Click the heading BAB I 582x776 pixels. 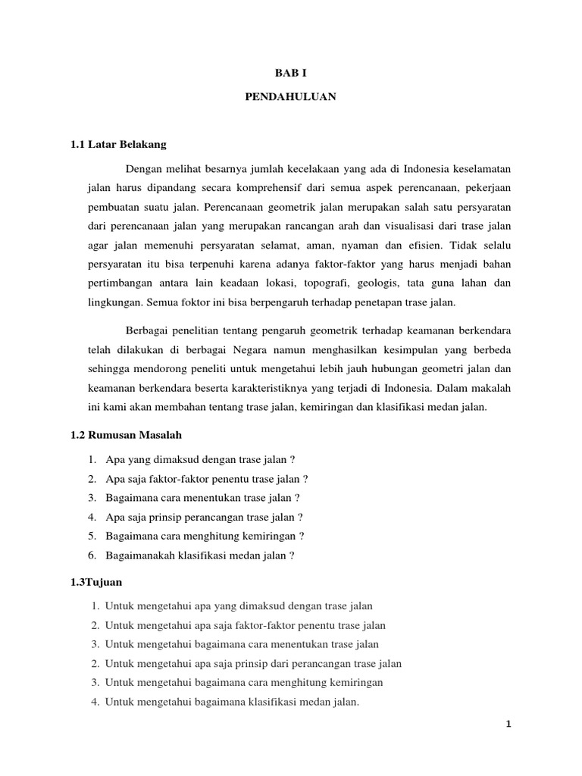pyautogui.click(x=291, y=74)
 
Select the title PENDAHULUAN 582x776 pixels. pyautogui.click(x=291, y=98)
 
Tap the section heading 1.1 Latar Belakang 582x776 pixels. pyautogui.click(x=117, y=143)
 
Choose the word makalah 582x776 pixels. pyautogui.click(x=494, y=388)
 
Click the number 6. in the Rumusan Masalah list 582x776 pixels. pyautogui.click(x=92, y=555)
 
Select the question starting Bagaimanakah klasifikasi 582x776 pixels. pyautogui.click(x=199, y=555)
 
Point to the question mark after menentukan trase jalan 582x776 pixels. pyautogui.click(x=297, y=498)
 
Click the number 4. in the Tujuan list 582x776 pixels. pyautogui.click(x=95, y=702)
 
